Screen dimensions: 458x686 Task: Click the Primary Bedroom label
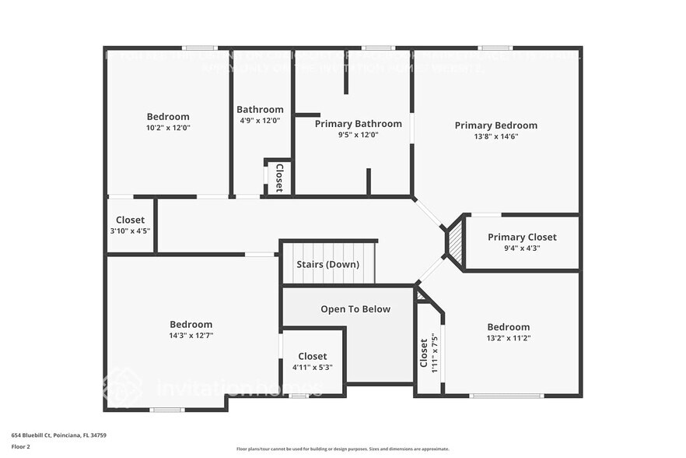[x=495, y=125]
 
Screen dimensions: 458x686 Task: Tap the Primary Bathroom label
[x=358, y=124]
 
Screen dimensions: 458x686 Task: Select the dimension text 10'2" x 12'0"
[x=168, y=128]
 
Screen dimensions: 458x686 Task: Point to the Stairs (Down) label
[x=327, y=264]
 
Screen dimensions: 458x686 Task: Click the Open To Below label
[x=355, y=309]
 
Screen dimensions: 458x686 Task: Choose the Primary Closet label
[x=522, y=237]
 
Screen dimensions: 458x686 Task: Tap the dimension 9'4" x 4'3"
[x=522, y=248]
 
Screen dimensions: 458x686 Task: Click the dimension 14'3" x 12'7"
[x=191, y=335]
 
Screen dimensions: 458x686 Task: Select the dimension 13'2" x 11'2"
[x=508, y=338]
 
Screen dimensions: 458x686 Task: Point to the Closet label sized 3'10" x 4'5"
[x=130, y=220]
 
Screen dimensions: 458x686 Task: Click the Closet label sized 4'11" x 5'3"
[x=312, y=356]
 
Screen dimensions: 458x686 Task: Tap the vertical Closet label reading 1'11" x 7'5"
[x=424, y=352]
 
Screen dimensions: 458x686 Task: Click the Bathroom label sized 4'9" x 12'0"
[x=260, y=110]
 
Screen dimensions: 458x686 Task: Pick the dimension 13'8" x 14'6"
[x=495, y=136]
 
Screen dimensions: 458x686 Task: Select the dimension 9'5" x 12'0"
[x=358, y=135]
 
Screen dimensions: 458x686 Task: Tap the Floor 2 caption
[x=21, y=446]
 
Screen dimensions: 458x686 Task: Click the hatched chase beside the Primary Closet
[x=454, y=242]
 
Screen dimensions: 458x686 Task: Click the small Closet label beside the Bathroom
[x=278, y=177]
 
